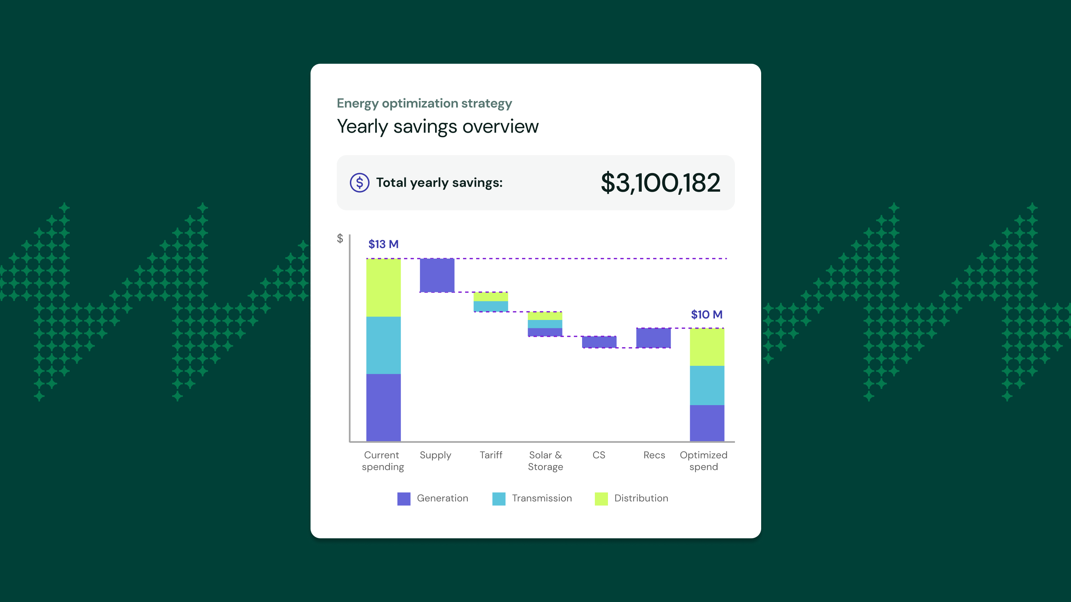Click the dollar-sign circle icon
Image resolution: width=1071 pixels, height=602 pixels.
pos(360,183)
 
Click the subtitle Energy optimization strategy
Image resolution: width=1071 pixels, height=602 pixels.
pos(424,103)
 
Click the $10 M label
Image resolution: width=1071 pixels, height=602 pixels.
pos(706,314)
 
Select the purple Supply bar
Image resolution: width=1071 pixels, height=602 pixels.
pos(437,275)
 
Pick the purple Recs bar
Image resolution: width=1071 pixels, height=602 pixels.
pos(653,338)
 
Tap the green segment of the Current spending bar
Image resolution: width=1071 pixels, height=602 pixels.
pos(383,288)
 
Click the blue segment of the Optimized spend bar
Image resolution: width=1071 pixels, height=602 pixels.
pos(707,385)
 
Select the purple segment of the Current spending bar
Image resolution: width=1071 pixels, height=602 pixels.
pos(383,408)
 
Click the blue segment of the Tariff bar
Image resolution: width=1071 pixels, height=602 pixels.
pos(491,306)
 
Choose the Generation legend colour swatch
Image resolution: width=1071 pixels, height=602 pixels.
pos(404,499)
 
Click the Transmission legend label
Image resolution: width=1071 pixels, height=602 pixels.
pos(542,498)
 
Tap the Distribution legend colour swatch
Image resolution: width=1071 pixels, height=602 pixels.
pos(601,499)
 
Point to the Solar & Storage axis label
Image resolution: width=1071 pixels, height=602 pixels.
pos(546,461)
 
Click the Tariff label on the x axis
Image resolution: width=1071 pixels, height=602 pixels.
pos(491,455)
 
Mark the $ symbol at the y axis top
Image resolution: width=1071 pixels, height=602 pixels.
pos(340,239)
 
